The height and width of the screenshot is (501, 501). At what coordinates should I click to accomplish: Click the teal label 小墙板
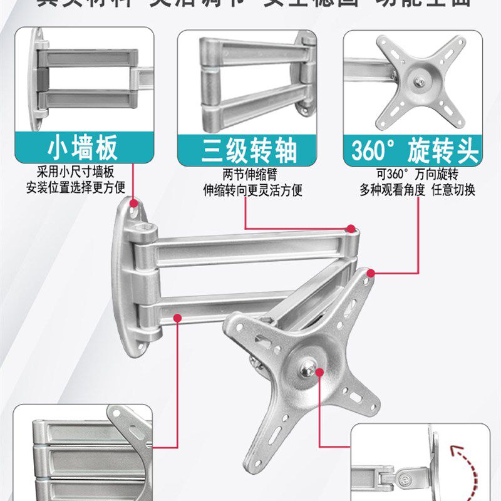pos(83,150)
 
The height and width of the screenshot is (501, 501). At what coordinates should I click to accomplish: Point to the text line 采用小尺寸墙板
pos(79,172)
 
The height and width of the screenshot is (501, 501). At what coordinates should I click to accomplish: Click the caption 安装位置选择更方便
pos(76,187)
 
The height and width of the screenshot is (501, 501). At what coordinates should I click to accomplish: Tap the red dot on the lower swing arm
pos(178,318)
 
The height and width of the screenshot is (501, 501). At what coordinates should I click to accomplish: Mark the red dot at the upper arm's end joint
pos(351,229)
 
